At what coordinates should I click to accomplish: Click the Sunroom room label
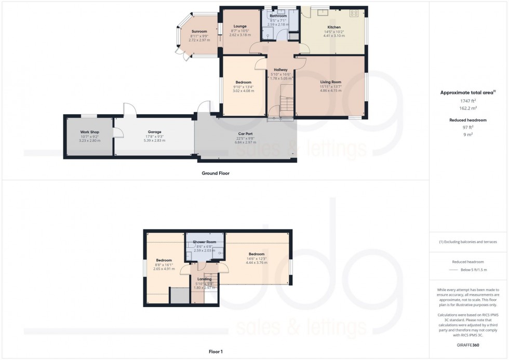tap(199, 32)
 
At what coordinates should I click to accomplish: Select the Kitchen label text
tap(333, 27)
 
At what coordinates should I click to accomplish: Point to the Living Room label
tap(330, 82)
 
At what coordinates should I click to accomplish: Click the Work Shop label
tap(89, 132)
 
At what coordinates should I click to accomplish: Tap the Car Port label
tap(245, 134)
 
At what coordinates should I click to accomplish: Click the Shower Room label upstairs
tap(204, 242)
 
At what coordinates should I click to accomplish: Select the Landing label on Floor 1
tap(204, 279)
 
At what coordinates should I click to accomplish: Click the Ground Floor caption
tap(216, 173)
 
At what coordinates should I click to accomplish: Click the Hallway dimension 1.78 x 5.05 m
tap(280, 78)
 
